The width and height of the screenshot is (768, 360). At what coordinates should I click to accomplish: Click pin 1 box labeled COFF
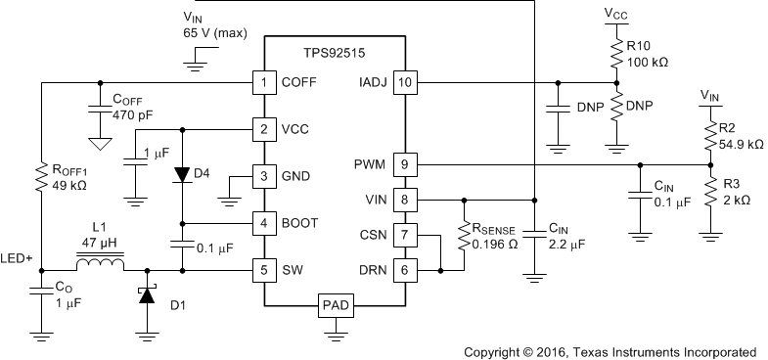[262, 82]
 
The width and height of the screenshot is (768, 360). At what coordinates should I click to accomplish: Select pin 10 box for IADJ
[403, 82]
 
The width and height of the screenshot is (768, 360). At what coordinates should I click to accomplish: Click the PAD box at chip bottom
[333, 307]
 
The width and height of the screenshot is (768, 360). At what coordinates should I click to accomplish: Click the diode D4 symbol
[183, 174]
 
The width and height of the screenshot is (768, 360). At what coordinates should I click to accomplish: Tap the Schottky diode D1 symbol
[147, 295]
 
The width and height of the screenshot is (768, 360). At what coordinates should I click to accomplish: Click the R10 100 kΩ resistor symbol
[615, 52]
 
